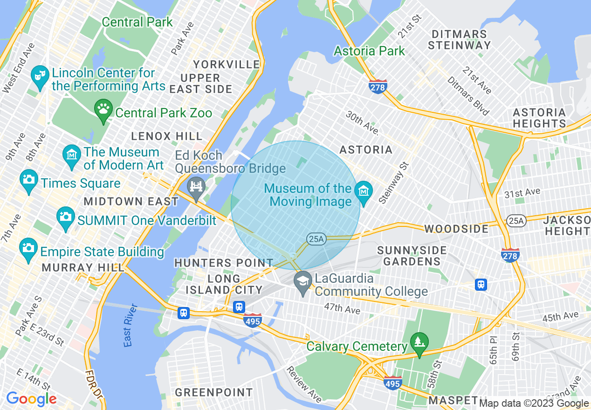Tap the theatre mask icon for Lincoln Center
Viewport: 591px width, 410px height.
tap(40, 75)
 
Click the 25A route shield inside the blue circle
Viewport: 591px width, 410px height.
tap(316, 239)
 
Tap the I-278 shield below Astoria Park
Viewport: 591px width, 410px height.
tap(378, 87)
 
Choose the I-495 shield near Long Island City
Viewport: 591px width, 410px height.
tap(252, 321)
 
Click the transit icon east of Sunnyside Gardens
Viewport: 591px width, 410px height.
tap(481, 284)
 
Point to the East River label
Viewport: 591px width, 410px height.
tap(131, 325)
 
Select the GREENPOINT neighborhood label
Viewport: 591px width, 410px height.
tap(214, 392)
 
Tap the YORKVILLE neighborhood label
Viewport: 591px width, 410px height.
tap(227, 64)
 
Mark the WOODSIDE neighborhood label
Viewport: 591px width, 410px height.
tap(456, 229)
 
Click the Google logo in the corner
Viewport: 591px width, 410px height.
tap(31, 399)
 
